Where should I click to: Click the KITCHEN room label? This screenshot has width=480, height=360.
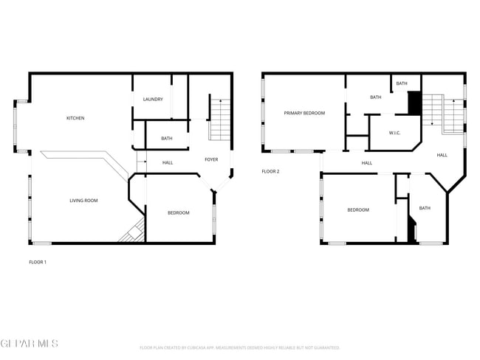[x=75, y=118]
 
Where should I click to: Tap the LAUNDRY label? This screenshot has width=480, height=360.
[x=153, y=100]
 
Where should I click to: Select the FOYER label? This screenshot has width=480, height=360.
[x=211, y=159]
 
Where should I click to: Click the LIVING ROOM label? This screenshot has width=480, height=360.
[x=83, y=200]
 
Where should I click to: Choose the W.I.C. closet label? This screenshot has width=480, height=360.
[x=395, y=134]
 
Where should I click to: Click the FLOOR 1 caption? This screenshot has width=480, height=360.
[x=38, y=262]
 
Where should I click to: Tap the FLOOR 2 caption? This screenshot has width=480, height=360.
[x=270, y=171]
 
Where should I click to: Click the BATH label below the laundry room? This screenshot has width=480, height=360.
[x=167, y=138]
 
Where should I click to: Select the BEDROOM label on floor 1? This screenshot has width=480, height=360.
[x=178, y=212]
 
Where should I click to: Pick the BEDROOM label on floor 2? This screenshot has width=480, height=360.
[x=358, y=210]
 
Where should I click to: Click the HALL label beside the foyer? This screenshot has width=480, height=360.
[x=168, y=162]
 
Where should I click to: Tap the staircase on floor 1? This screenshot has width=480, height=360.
[x=219, y=118]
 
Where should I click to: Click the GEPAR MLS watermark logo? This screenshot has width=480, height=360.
[x=29, y=345]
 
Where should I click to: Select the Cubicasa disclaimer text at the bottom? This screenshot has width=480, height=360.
[x=239, y=347]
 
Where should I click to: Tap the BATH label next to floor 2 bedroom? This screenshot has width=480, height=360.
[x=425, y=208]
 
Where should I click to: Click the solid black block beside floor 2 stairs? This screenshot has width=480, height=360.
[x=414, y=103]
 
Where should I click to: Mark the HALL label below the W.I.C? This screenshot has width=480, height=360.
[x=366, y=162]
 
